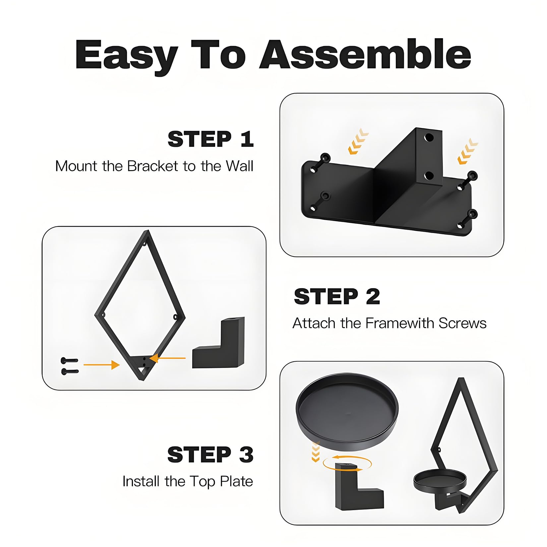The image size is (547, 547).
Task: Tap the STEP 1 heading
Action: pyautogui.click(x=211, y=139)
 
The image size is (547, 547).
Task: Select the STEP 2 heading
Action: pyautogui.click(x=337, y=296)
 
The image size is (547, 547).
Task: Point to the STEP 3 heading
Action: pyautogui.click(x=211, y=455)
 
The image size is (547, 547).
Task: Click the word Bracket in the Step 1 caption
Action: pyautogui.click(x=153, y=166)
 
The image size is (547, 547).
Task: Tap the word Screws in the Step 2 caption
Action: pyautogui.click(x=462, y=323)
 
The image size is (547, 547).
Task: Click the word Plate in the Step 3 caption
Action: pyautogui.click(x=237, y=481)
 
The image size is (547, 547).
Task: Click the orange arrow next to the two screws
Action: pyautogui.click(x=101, y=365)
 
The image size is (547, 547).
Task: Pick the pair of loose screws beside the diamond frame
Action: pyautogui.click(x=70, y=366)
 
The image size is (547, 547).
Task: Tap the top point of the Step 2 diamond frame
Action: pyautogui.click(x=147, y=231)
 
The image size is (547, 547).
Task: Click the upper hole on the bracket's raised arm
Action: pyautogui.click(x=429, y=137)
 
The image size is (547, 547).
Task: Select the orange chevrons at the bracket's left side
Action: pyautogui.click(x=358, y=142)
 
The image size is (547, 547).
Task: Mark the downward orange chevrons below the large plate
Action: pyautogui.click(x=316, y=452)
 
